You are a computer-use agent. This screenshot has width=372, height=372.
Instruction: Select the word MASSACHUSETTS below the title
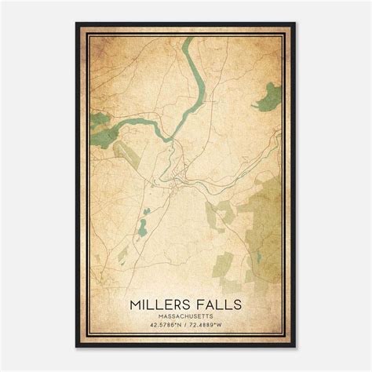[186, 315]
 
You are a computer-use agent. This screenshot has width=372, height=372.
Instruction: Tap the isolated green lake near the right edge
[272, 97]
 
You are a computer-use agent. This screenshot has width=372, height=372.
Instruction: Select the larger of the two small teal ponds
[143, 229]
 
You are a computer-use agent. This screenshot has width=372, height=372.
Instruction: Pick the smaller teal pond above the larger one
[146, 211]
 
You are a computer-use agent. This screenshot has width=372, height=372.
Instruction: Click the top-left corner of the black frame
[76, 24]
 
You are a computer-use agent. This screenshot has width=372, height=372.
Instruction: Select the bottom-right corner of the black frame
[296, 348]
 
